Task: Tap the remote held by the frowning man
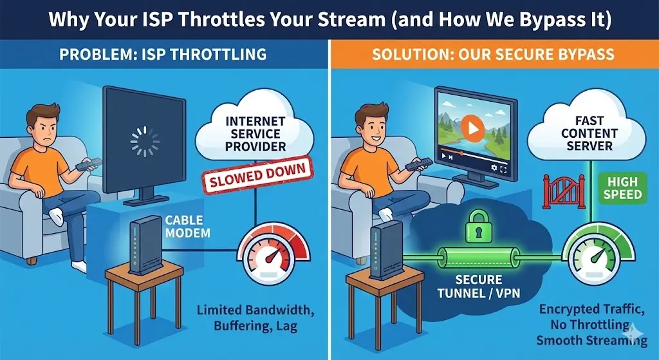(x=88, y=164)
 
